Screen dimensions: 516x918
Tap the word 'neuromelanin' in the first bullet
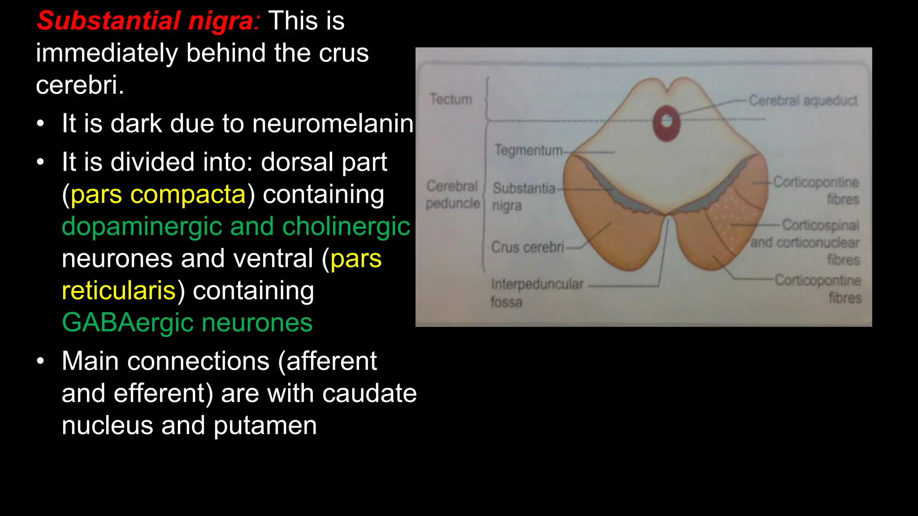(x=333, y=124)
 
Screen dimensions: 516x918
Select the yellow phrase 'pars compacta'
(x=158, y=194)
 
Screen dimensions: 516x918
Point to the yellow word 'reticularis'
(x=119, y=291)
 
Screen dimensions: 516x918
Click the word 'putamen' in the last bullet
(x=265, y=426)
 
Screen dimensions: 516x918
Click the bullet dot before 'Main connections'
(x=41, y=361)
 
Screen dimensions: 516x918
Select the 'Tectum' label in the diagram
(x=451, y=99)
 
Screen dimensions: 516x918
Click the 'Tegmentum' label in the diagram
(x=528, y=150)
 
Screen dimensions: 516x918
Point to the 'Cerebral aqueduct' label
(x=803, y=101)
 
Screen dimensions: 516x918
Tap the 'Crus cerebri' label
(x=527, y=247)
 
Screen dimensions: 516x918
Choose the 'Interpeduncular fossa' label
(x=536, y=292)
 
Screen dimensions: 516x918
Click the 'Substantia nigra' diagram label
(x=523, y=197)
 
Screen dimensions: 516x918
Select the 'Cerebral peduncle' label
(x=452, y=194)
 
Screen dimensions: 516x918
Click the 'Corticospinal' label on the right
(x=820, y=225)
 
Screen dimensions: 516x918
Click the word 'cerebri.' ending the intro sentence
(x=80, y=85)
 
